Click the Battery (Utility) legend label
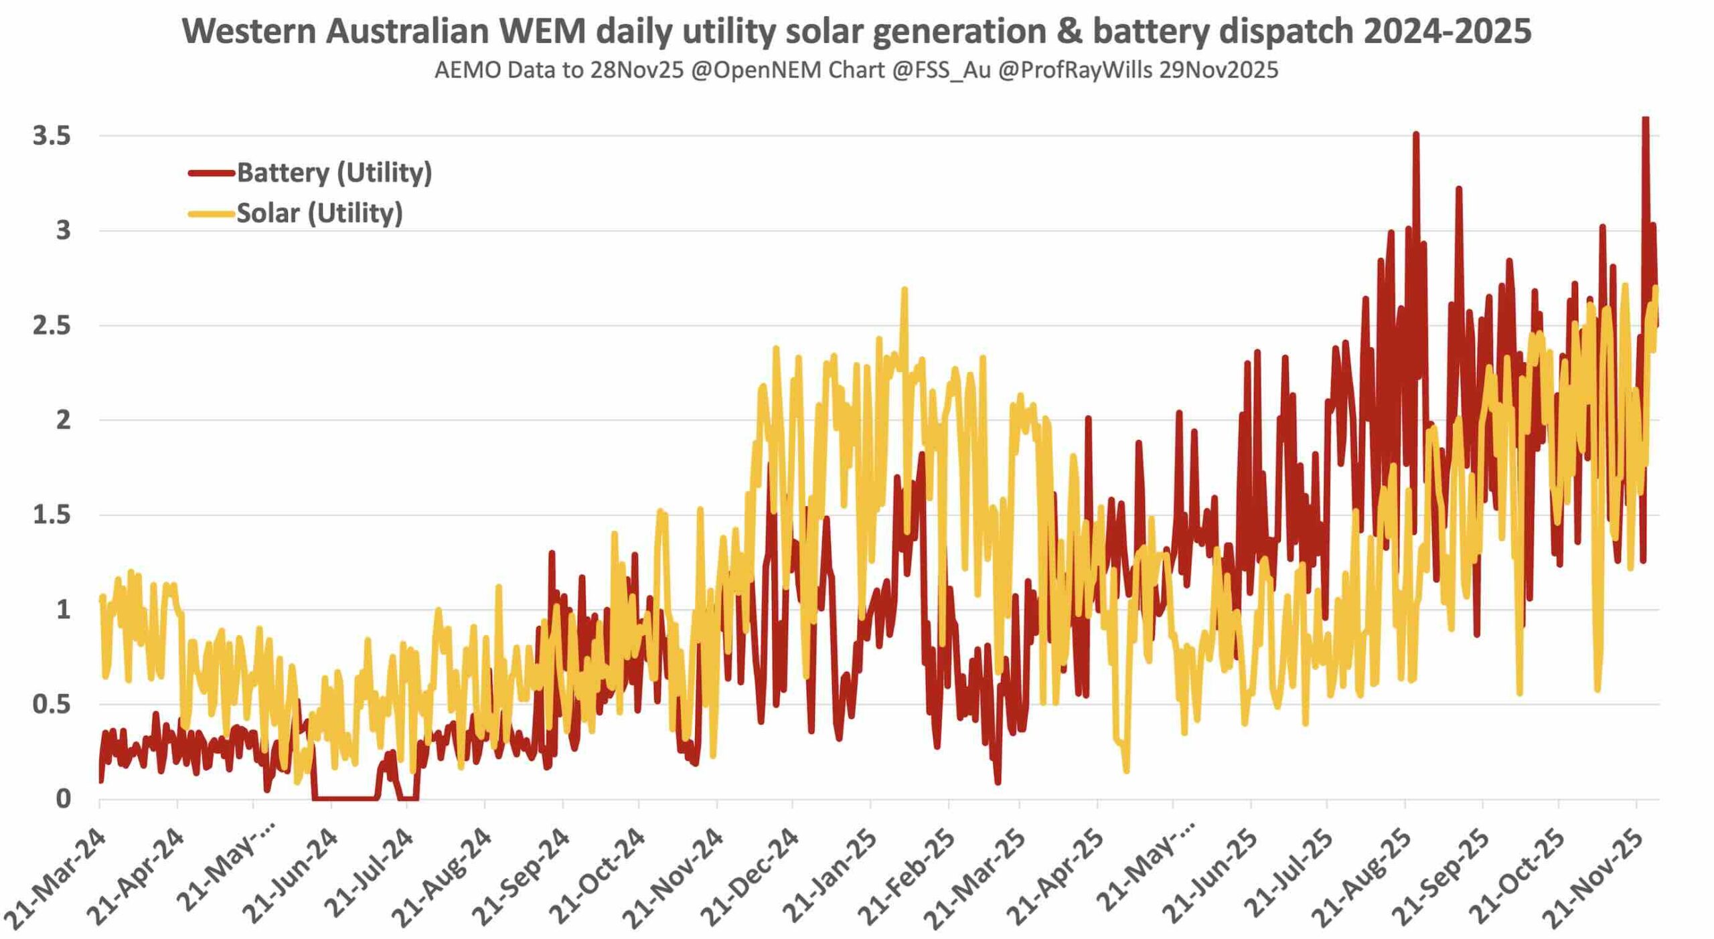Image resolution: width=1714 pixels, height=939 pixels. (x=334, y=173)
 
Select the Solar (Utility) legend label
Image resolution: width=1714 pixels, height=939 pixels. (x=319, y=213)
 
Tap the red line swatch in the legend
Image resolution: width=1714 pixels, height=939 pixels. (x=212, y=173)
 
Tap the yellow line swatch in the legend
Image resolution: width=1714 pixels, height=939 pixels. (x=212, y=214)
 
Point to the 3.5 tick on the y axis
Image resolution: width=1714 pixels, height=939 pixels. (x=52, y=136)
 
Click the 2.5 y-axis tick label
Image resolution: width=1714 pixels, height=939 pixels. (x=52, y=325)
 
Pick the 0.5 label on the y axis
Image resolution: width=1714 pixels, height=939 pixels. (x=52, y=704)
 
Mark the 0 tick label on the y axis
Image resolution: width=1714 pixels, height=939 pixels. (x=63, y=798)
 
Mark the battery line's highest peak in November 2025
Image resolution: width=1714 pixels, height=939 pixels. (x=1645, y=119)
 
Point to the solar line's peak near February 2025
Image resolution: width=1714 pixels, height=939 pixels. (x=905, y=289)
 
